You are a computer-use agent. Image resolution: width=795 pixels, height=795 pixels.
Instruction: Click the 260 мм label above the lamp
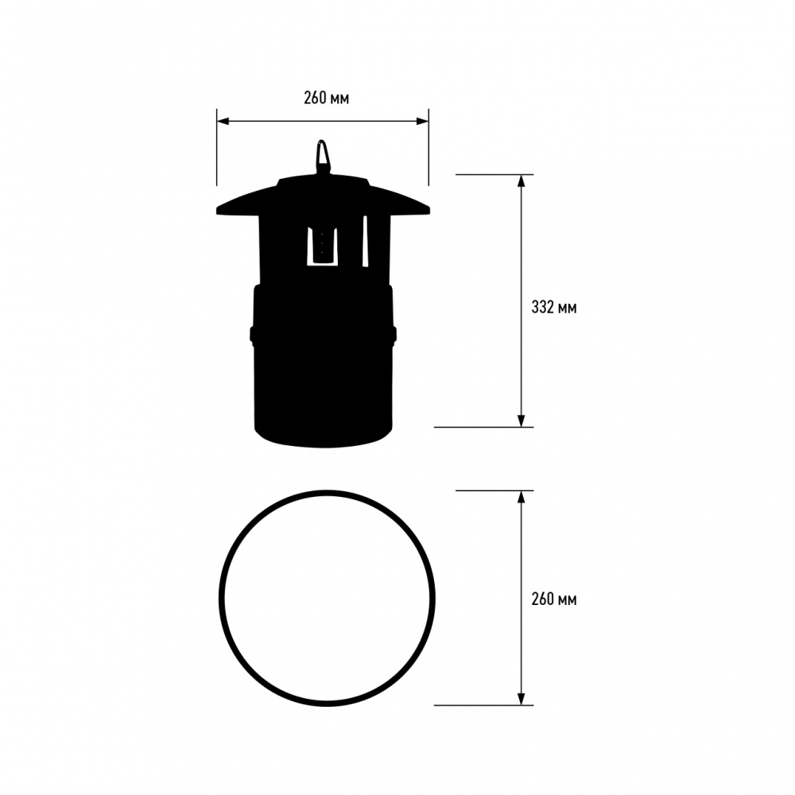click(x=326, y=99)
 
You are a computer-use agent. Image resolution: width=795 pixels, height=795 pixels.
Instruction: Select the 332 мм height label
click(x=554, y=307)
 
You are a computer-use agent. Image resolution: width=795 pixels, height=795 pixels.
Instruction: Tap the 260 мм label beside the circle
click(x=554, y=599)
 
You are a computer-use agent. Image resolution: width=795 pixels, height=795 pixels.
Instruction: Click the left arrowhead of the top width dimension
click(x=223, y=122)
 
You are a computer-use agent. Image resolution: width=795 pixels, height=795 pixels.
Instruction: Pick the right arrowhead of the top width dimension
click(x=423, y=122)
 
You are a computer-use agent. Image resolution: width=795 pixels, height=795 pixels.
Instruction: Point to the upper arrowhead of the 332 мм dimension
click(x=522, y=180)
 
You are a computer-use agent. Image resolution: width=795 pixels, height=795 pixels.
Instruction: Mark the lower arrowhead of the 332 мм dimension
click(x=522, y=421)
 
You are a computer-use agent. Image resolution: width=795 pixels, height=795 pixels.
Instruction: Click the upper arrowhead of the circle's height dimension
click(x=522, y=497)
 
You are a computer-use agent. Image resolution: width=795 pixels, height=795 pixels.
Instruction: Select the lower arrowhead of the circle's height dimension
click(x=522, y=699)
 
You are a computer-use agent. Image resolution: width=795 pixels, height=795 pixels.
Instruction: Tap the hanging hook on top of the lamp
click(x=323, y=155)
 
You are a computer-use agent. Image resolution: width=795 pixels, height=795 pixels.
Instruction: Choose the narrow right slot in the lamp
click(x=366, y=242)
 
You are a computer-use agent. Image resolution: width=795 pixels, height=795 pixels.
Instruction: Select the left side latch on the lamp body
click(x=252, y=335)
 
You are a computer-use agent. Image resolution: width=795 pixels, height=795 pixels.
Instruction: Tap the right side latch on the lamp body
click(x=394, y=335)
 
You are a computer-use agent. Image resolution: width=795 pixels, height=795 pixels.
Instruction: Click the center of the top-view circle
click(x=328, y=598)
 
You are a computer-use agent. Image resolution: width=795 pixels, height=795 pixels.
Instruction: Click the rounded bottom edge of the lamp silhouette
click(x=323, y=443)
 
